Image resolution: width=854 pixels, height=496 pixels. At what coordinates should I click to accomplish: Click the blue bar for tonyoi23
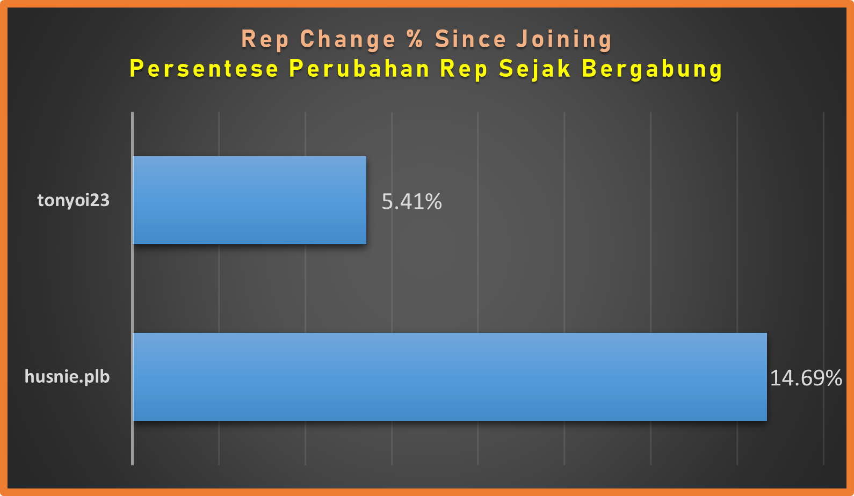pyautogui.click(x=250, y=200)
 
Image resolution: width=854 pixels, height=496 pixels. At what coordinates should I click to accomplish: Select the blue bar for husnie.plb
pyautogui.click(x=450, y=377)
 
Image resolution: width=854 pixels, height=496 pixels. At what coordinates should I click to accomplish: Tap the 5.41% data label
pyautogui.click(x=412, y=201)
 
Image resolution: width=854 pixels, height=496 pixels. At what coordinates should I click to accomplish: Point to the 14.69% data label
pyautogui.click(x=806, y=378)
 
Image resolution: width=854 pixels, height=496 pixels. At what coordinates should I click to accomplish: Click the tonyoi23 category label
pyautogui.click(x=74, y=200)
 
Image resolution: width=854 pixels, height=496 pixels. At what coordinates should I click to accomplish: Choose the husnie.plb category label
pyautogui.click(x=67, y=377)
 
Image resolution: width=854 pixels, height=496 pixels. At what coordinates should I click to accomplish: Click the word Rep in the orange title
pyautogui.click(x=265, y=40)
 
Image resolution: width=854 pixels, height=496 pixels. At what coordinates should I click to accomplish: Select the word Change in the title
pyautogui.click(x=348, y=40)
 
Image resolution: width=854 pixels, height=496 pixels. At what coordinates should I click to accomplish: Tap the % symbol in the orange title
pyautogui.click(x=415, y=39)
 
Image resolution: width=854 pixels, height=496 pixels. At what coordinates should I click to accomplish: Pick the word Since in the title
pyautogui.click(x=471, y=39)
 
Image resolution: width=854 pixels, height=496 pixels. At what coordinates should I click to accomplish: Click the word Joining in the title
pyautogui.click(x=564, y=40)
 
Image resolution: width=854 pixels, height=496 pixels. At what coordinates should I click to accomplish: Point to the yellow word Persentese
pyautogui.click(x=204, y=69)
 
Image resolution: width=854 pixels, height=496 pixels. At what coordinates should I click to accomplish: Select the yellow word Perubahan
pyautogui.click(x=359, y=69)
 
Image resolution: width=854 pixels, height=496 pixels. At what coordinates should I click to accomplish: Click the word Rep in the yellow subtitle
pyautogui.click(x=464, y=70)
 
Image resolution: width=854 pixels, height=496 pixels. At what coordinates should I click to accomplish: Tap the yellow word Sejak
pyautogui.click(x=535, y=70)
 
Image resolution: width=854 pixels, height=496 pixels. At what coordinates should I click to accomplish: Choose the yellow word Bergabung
pyautogui.click(x=653, y=70)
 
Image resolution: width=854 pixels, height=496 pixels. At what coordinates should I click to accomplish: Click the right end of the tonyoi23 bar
pyautogui.click(x=366, y=200)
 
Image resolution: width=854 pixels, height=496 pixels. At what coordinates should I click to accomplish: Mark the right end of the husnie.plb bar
pyautogui.click(x=766, y=377)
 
